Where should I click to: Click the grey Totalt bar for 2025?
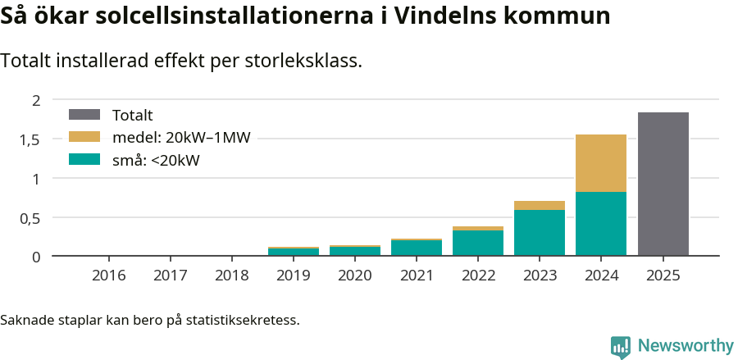(x=663, y=185)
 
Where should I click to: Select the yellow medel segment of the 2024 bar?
(x=601, y=163)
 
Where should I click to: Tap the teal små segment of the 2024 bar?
(x=601, y=224)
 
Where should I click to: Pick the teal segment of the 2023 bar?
(x=540, y=233)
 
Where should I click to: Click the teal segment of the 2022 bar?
(x=478, y=244)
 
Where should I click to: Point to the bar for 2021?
(x=417, y=248)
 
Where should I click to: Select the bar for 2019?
(x=294, y=252)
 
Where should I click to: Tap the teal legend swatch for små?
(x=84, y=160)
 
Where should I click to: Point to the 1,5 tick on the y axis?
(x=30, y=139)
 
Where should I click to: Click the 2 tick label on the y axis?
(x=35, y=100)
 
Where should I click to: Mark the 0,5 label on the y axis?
(x=30, y=218)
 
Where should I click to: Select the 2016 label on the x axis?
(x=109, y=276)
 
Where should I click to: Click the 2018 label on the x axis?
(x=232, y=276)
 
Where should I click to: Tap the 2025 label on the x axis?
(x=663, y=276)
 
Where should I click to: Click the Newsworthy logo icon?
(x=621, y=346)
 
